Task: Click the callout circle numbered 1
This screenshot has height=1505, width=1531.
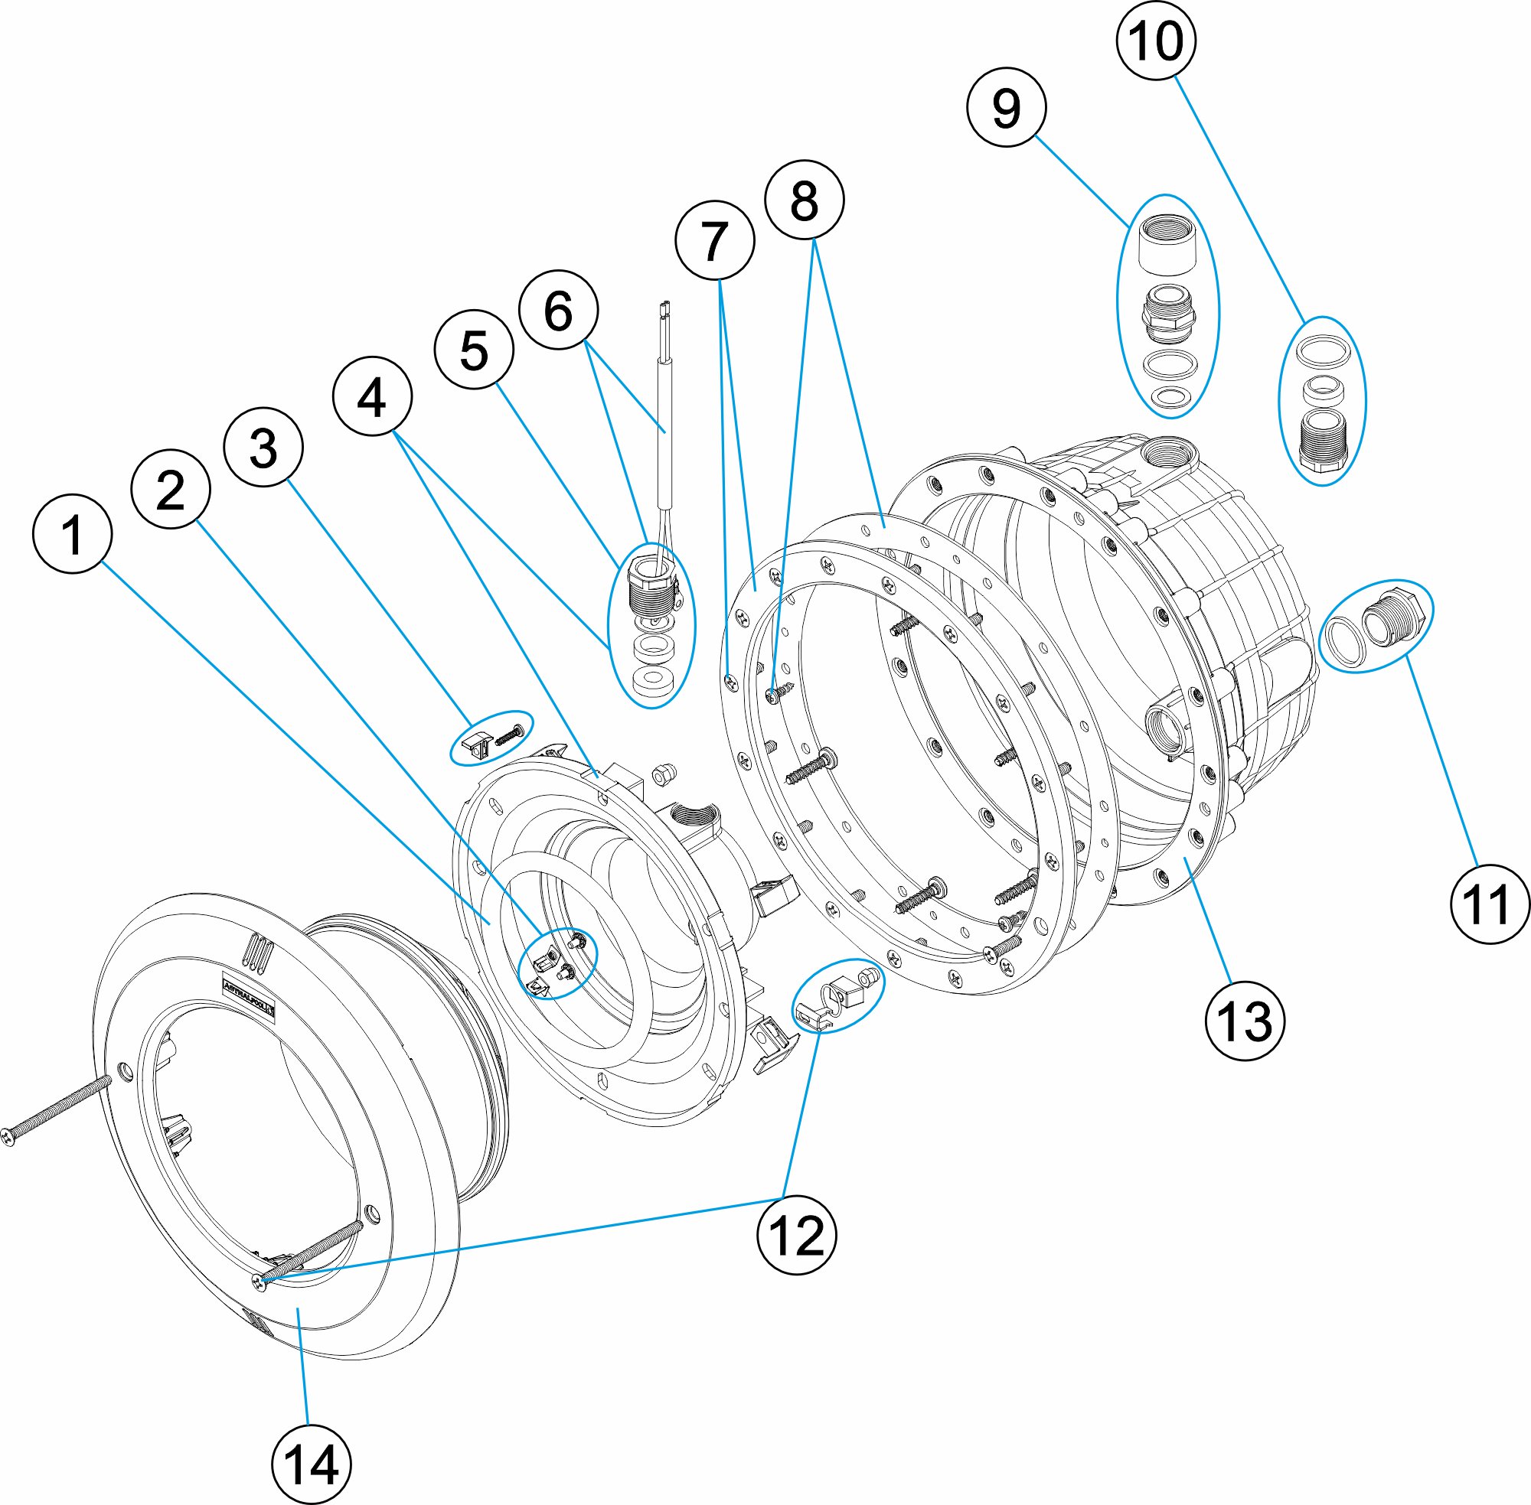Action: pos(72,534)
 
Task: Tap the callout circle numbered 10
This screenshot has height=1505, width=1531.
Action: pos(1155,41)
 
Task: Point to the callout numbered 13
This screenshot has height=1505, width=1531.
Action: pos(1244,1021)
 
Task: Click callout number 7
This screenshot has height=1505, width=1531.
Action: pos(714,240)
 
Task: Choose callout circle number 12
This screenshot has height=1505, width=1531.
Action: pos(795,1236)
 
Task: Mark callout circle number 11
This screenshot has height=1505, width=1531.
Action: pos(1490,904)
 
